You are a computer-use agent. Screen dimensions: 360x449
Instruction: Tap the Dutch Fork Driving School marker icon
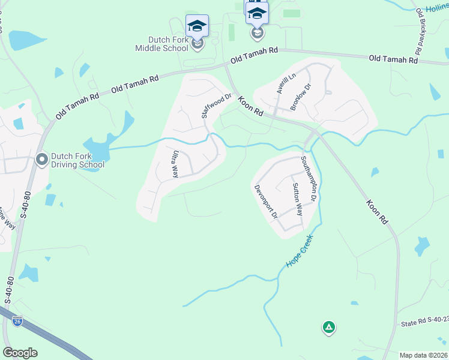[42, 160]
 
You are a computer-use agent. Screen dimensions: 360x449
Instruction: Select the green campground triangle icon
[328, 327]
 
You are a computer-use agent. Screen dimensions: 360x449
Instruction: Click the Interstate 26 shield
[17, 322]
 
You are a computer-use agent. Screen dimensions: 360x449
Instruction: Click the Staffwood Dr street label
[217, 106]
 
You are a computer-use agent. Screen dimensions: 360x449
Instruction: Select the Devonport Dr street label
[265, 201]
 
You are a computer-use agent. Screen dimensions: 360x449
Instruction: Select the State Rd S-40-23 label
[424, 324]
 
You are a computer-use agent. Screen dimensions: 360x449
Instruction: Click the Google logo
[20, 353]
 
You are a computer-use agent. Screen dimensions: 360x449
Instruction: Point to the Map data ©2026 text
[423, 355]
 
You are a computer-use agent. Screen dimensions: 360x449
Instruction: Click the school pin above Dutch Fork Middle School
[197, 26]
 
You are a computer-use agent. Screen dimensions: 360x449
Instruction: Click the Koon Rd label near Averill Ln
[251, 108]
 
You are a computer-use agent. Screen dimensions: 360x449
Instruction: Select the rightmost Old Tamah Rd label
[393, 59]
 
